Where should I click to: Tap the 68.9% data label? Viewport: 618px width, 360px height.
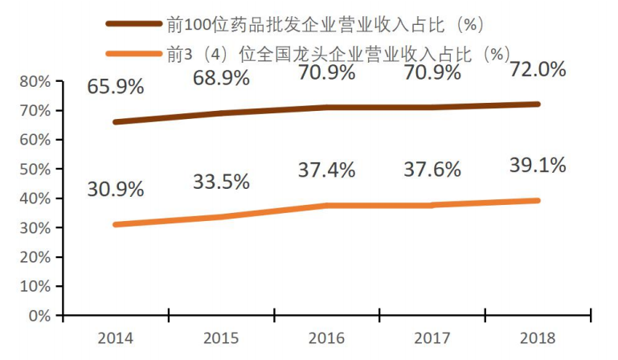point(221,79)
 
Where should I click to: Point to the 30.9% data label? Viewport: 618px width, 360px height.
point(116,190)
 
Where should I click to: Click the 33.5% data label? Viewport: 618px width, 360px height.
point(221,182)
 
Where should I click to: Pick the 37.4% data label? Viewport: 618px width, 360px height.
point(326,170)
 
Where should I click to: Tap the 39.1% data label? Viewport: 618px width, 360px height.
point(538,166)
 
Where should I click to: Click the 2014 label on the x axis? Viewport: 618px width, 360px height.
point(116,337)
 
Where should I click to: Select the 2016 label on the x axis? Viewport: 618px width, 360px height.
point(327,337)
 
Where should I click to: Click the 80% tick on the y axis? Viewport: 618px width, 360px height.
point(34,81)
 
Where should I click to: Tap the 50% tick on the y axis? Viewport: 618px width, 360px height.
point(34,169)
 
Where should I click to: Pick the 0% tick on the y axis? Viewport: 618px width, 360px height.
point(38,315)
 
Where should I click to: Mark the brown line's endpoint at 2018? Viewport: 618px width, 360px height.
point(538,104)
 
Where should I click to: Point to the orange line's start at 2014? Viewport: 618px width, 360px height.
point(116,224)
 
